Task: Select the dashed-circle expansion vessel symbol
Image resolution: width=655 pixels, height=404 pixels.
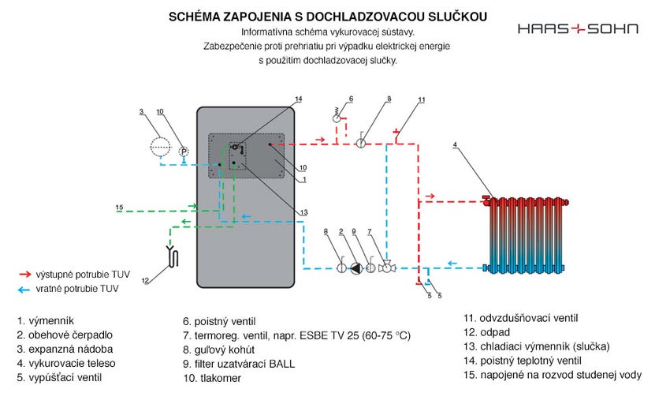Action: pos(161,144)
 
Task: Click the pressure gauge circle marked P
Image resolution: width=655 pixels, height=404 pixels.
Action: pos(183,151)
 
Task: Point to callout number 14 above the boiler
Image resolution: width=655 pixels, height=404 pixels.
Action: pos(299,99)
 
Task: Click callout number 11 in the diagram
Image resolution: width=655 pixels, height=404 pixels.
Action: pos(422,100)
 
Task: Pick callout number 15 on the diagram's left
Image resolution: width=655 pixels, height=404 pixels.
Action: pos(120,208)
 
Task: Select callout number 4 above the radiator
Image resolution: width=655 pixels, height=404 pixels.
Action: pos(456,145)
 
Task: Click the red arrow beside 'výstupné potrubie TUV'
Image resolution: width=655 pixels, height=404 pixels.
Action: pos(24,274)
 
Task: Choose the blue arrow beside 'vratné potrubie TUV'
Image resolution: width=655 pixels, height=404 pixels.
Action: pos(24,289)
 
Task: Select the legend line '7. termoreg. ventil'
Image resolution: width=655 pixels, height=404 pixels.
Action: pos(297,335)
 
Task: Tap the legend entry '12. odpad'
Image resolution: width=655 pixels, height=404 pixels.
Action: pos(488,332)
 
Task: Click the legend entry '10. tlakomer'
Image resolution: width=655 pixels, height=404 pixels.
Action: pos(213,378)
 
